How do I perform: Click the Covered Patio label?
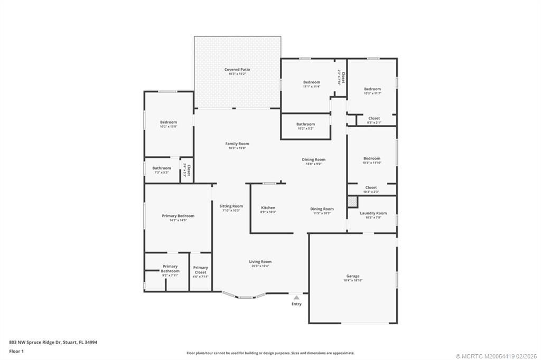237,69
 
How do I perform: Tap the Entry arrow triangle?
296,298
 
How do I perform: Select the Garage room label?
352,276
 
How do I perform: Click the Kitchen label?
268,208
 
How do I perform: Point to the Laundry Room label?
373,213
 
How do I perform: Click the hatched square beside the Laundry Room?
352,201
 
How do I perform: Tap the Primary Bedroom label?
178,216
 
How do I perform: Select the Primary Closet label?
200,270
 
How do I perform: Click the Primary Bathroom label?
170,269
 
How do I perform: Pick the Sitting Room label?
231,206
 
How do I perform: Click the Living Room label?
260,262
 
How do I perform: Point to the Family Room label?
237,144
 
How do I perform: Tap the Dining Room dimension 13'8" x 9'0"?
313,164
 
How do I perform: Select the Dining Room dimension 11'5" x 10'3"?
322,213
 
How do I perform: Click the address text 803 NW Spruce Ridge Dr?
53,342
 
